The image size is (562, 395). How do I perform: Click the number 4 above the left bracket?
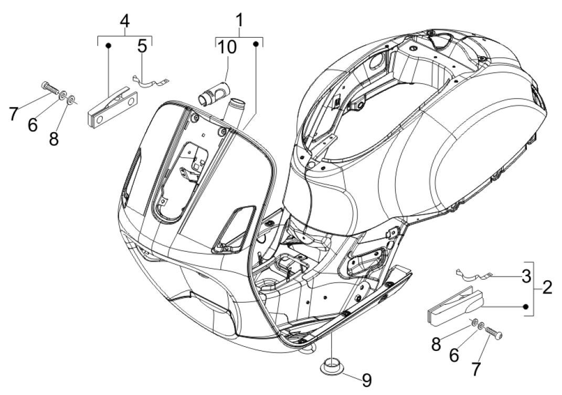click(x=124, y=22)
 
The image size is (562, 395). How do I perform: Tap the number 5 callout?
click(x=142, y=47)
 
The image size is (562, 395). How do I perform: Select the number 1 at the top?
click(x=239, y=22)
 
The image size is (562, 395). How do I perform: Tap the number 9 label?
click(x=367, y=380)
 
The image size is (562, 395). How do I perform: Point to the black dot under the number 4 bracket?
click(x=108, y=46)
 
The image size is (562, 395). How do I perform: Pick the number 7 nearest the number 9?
click(x=475, y=368)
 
